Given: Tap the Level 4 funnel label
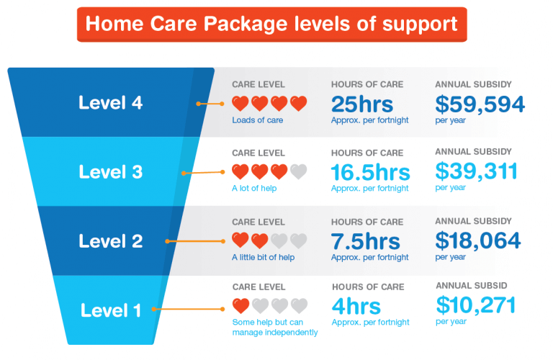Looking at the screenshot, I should (111, 102).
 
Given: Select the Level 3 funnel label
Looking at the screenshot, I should (111, 172).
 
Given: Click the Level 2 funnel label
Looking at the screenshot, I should (111, 241).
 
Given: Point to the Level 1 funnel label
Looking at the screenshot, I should (111, 310).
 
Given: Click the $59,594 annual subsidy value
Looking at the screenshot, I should (480, 104).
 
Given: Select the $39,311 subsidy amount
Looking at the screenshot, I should (477, 171).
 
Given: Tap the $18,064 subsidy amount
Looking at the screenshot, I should (479, 240).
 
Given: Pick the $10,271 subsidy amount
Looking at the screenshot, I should (476, 305).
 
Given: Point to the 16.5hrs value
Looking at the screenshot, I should (370, 172).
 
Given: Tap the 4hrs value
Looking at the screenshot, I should (356, 307).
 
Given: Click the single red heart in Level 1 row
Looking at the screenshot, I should (240, 306).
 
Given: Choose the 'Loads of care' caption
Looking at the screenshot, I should (257, 120).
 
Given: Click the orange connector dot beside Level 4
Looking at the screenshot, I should (199, 104).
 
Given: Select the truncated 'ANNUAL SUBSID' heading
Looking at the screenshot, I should (472, 286).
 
